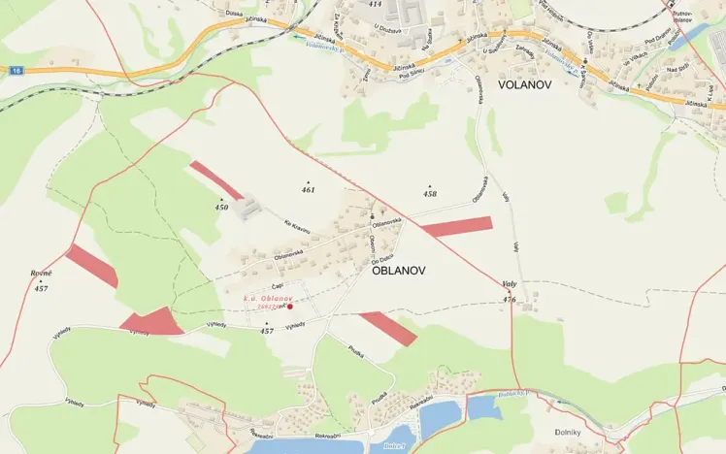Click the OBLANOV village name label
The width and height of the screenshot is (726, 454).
[x=400, y=272]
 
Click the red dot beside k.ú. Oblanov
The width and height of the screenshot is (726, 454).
[x=289, y=307]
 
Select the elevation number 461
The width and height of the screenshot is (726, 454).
[x=309, y=190]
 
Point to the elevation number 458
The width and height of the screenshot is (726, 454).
[x=430, y=194]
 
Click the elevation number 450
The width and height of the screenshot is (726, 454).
[x=221, y=207]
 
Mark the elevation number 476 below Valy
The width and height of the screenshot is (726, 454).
[x=510, y=300]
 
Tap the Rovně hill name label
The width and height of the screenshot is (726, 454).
[x=41, y=274]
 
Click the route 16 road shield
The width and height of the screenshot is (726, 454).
[x=16, y=71]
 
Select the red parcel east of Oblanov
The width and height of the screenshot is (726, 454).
[x=457, y=227]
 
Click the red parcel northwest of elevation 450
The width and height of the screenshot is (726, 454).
[x=215, y=179]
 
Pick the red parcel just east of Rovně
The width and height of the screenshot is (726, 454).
[x=91, y=265]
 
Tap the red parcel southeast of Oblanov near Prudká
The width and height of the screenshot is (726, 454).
[x=387, y=328]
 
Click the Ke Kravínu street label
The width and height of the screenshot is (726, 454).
[x=296, y=229]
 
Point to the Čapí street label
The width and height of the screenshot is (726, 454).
[x=277, y=286]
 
